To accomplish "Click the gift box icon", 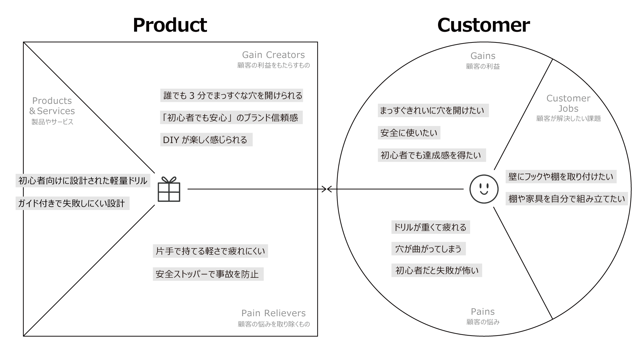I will point(169,189).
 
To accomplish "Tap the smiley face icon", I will point(484,189).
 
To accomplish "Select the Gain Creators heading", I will point(273,55).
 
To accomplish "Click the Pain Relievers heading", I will point(273,313).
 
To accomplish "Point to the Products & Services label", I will point(52,106).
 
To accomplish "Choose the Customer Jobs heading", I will point(568,103).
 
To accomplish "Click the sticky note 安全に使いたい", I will point(409,133).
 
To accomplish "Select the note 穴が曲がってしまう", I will point(428,249).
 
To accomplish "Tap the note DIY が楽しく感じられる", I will point(206,140).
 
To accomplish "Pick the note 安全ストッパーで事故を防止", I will point(208,274).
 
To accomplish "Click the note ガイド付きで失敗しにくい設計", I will point(72,204).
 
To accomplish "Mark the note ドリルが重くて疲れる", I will point(430,227).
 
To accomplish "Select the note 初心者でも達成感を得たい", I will point(432,155).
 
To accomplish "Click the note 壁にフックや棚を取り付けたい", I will point(561,176).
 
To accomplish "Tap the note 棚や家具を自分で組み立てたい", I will point(567,199).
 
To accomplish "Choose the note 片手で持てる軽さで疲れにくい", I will point(210,251).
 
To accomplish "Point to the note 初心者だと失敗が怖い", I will point(436,270).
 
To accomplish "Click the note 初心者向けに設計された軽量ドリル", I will point(83,181).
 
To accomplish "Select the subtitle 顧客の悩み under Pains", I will point(483,322).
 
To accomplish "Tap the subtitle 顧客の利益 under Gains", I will point(483,67).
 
